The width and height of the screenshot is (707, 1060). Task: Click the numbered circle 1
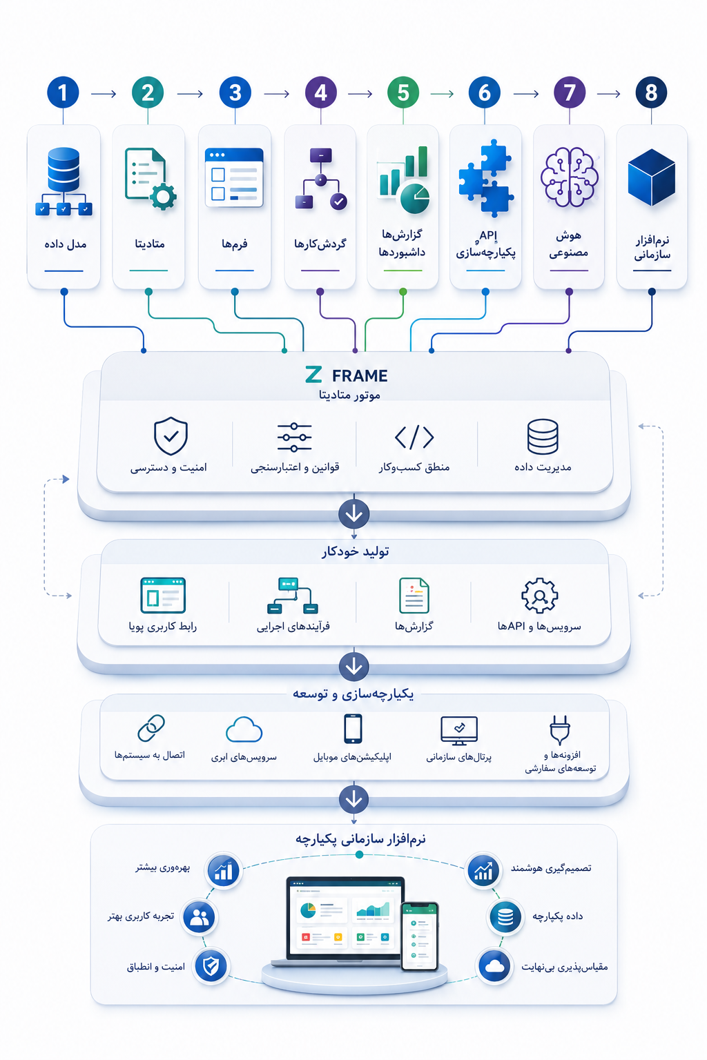tap(63, 92)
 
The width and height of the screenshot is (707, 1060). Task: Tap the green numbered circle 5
tap(403, 92)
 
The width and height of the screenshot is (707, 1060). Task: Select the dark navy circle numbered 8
tap(651, 92)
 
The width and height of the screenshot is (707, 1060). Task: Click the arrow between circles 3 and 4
tap(277, 94)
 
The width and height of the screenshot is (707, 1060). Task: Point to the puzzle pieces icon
tap(485, 178)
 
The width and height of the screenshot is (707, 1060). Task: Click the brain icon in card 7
tap(569, 177)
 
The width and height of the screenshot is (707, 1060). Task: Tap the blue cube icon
tap(651, 177)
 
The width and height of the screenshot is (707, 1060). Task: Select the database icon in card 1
tap(64, 181)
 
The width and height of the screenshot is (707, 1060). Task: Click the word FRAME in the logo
tap(360, 375)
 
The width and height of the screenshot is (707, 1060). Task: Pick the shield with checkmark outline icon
tap(171, 436)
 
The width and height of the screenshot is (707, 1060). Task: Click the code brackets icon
tap(414, 437)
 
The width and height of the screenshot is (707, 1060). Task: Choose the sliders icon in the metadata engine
tap(294, 438)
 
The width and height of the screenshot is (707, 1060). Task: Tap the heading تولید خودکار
tap(355, 552)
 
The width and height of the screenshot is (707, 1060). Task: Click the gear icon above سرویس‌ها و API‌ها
tap(539, 596)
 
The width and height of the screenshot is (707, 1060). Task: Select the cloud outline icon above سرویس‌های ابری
tap(244, 729)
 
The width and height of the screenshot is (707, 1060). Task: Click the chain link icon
tap(151, 728)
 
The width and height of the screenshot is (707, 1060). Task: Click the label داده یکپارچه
tap(557, 916)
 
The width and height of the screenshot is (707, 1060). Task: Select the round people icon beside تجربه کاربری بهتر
tap(199, 918)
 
